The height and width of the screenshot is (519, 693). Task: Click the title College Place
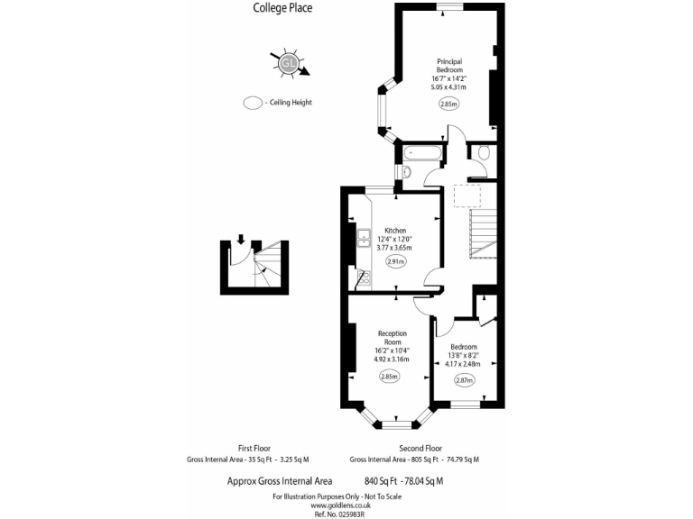283,9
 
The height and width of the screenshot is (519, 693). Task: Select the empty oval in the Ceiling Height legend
252,103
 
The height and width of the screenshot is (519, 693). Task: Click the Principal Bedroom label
448,66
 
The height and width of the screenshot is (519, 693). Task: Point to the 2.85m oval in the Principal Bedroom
448,104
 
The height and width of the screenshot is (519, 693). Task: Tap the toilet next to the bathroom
484,154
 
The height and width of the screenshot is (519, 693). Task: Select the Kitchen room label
394,230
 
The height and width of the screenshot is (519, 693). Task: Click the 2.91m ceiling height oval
395,262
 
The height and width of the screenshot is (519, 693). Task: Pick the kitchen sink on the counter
363,238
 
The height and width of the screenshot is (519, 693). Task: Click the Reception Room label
392,338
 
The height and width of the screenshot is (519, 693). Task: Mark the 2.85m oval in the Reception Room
390,376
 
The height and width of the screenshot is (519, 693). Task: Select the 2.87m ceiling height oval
464,380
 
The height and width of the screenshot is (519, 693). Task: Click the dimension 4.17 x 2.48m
464,364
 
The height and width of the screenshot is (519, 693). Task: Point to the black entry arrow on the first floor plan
241,239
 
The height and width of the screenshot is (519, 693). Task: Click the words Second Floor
420,448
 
